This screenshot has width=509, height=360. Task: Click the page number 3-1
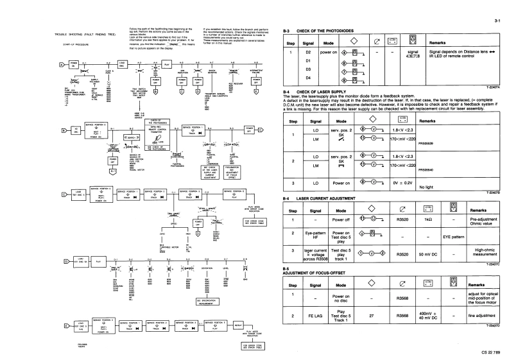tap(497, 22)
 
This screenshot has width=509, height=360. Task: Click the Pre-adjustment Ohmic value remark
tap(483, 219)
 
